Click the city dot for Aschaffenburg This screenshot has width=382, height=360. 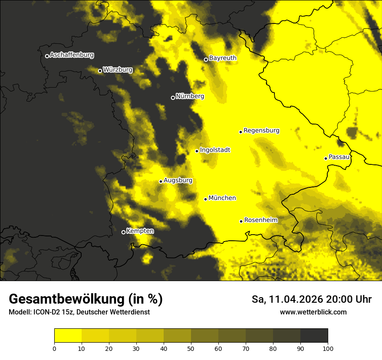click(47, 56)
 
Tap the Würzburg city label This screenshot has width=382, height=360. click(118, 70)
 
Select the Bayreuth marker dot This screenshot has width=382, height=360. click(206, 59)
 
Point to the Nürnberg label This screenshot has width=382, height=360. click(190, 96)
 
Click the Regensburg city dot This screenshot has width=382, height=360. click(240, 132)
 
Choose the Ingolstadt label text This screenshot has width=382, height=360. click(215, 150)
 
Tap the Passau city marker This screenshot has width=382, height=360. click(326, 158)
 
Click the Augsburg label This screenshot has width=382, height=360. click(178, 180)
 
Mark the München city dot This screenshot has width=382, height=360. click(205, 199)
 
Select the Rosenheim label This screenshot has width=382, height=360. click(260, 220)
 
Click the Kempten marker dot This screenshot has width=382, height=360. click(123, 232)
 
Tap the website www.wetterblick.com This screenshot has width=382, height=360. click(313, 312)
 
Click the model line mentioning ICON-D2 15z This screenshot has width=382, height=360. click(79, 312)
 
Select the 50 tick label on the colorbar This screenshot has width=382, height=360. click(191, 348)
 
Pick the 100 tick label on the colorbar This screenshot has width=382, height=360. click(328, 348)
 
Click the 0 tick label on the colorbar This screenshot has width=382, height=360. click(54, 348)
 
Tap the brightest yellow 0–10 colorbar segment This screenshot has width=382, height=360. click(68, 336)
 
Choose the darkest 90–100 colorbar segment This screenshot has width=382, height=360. click(314, 336)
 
